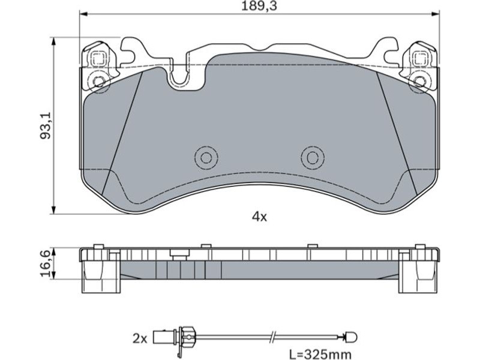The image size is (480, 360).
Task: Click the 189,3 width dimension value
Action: tap(259, 6)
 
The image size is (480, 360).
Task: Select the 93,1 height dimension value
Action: tap(46, 125)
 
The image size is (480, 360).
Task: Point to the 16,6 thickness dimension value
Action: tap(46, 263)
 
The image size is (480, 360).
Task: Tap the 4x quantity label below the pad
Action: tap(259, 217)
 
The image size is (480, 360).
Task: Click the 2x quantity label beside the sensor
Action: tap(140, 338)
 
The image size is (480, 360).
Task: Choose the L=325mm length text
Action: tap(320, 355)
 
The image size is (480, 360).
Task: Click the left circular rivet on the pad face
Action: tap(206, 158)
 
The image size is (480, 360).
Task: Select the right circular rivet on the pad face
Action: tap(313, 158)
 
